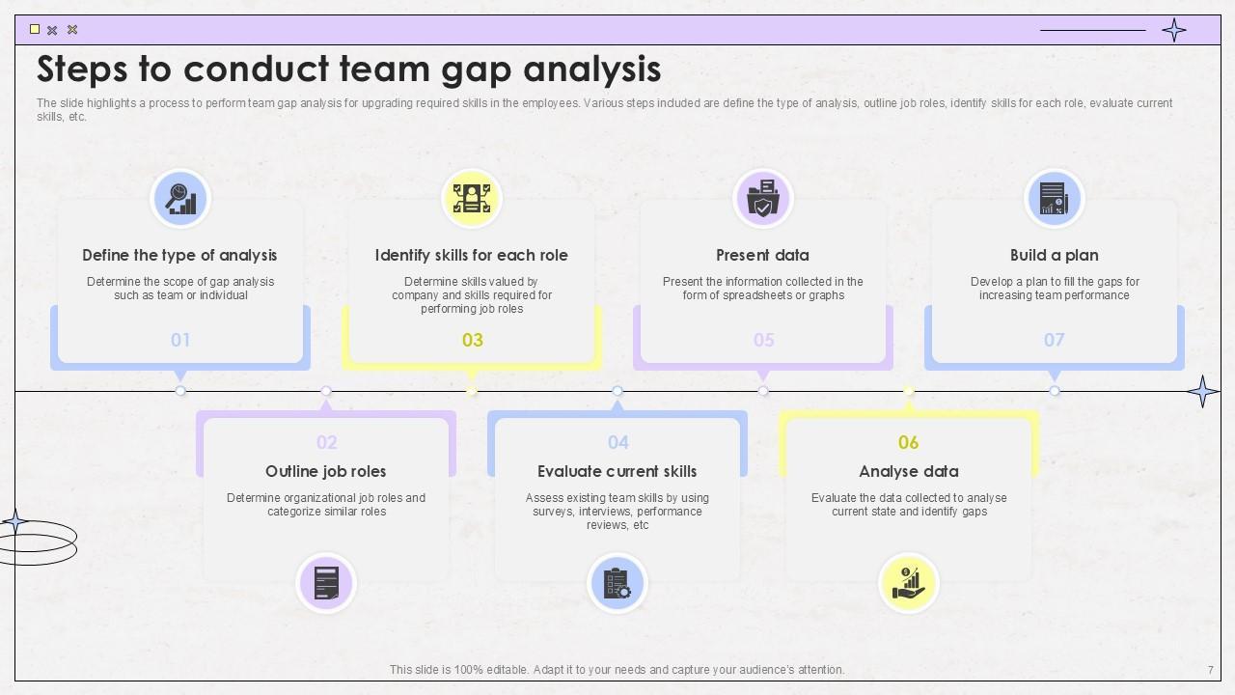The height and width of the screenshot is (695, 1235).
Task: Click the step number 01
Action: [180, 340]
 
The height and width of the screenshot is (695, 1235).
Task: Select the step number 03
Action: [473, 340]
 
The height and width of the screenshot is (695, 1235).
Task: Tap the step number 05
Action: [763, 340]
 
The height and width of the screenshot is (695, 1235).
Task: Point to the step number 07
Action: [1054, 340]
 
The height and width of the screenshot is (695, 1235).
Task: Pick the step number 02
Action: [327, 442]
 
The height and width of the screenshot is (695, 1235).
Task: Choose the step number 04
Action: [618, 442]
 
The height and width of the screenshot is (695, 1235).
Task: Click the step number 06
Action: [909, 442]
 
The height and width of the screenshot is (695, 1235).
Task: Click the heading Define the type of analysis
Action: [179, 255]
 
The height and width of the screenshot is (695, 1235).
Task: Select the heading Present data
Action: [762, 255]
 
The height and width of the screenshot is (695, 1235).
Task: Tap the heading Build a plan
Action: [1054, 255]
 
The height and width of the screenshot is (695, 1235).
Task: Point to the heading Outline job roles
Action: [326, 471]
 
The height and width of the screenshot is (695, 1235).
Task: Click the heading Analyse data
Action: [909, 471]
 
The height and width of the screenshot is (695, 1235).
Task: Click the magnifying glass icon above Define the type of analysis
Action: [180, 198]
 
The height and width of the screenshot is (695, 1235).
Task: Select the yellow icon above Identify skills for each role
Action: [472, 198]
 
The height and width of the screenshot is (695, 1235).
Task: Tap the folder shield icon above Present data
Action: [763, 198]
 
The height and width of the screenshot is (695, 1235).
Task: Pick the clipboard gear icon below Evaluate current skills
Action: [617, 583]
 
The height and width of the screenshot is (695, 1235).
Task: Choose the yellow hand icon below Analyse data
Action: [909, 583]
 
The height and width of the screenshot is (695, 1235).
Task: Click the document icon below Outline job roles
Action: [326, 583]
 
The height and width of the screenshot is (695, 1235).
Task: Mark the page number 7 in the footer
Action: [1211, 670]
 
